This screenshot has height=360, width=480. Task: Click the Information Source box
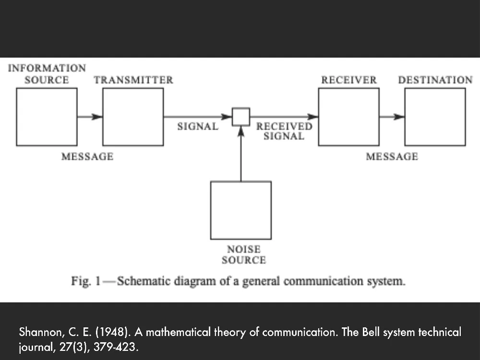(47, 117)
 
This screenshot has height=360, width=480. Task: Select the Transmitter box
(133, 117)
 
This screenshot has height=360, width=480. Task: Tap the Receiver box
(348, 117)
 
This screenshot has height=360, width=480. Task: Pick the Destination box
(435, 117)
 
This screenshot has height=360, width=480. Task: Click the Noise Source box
(241, 210)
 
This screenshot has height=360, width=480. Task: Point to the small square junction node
(241, 117)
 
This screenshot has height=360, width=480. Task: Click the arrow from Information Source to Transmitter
(90, 117)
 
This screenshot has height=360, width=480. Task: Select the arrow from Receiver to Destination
(392, 117)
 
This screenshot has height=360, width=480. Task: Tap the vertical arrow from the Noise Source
(241, 154)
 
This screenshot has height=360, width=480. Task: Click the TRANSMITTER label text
(133, 80)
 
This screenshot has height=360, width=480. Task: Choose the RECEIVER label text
(349, 80)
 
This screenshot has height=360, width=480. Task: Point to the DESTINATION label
(435, 80)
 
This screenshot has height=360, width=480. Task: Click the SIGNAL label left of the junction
(198, 127)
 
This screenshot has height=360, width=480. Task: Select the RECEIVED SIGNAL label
(284, 131)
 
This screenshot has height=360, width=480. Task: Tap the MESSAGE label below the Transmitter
(87, 156)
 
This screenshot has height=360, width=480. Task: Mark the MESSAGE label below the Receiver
(392, 156)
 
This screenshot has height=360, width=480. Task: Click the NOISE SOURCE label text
(244, 255)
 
